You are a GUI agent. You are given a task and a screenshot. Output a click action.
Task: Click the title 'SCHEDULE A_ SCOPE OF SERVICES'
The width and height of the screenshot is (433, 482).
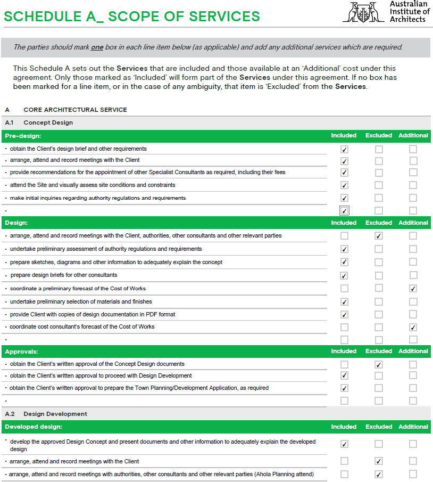[132, 17]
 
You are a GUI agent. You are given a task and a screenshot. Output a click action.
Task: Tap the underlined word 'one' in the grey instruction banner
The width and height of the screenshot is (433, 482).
[97, 47]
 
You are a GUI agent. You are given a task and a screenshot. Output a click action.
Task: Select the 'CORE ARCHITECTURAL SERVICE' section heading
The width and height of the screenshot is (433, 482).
[75, 110]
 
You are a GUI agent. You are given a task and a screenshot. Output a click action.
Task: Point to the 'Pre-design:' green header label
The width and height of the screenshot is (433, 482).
[23, 136]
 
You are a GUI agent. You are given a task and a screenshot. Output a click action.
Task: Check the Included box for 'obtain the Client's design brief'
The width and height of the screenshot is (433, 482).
[344, 149]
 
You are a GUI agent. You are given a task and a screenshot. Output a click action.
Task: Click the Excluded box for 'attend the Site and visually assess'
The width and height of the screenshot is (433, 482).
[379, 185]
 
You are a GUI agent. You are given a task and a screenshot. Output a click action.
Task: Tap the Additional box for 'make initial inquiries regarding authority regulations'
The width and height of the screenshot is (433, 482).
[413, 198]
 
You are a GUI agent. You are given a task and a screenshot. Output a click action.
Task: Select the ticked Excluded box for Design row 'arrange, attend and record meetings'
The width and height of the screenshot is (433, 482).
[379, 235]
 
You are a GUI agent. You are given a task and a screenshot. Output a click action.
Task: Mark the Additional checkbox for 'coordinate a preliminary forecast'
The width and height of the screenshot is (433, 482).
[413, 289]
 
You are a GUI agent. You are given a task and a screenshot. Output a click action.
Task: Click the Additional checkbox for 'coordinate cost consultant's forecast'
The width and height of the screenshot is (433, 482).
[413, 327]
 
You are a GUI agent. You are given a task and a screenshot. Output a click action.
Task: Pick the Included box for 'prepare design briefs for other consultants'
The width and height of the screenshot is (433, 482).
[344, 275]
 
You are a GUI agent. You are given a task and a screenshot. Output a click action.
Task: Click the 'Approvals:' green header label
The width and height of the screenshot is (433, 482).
[21, 352]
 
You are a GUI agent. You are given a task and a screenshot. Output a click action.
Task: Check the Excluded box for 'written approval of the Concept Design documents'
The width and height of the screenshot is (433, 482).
[379, 364]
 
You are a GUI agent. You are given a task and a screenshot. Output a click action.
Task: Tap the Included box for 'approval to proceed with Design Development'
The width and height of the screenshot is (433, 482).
[344, 376]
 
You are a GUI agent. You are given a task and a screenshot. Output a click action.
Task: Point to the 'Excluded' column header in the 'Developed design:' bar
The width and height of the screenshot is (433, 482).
[379, 427]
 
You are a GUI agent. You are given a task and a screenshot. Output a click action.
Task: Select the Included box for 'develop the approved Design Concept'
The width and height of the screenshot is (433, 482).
[344, 444]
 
